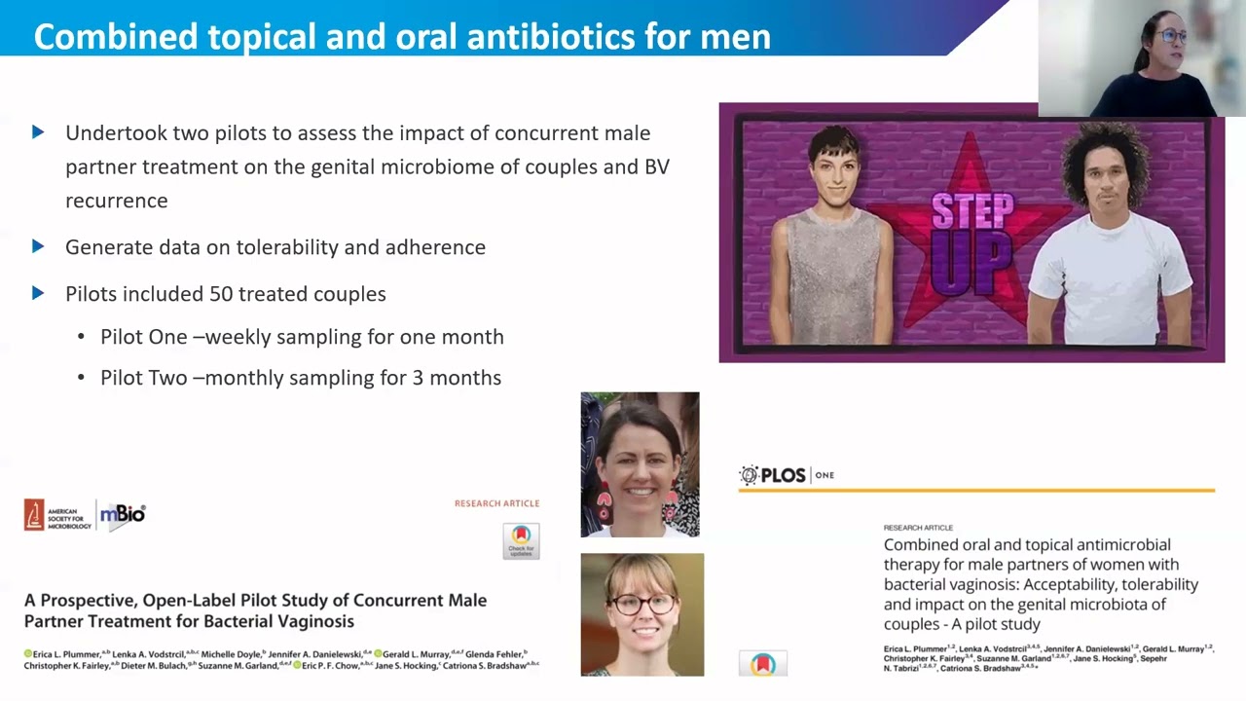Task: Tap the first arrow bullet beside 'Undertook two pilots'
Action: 38,132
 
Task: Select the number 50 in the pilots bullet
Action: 221,294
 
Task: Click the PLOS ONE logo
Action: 787,475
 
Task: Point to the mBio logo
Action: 124,514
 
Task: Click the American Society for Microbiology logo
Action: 58,515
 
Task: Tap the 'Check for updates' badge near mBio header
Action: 521,540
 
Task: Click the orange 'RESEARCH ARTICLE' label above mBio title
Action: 496,503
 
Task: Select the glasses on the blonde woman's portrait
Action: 641,604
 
